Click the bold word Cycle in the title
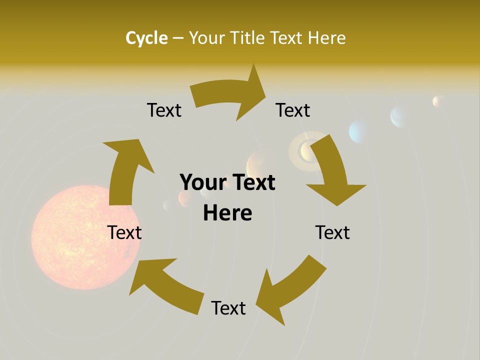click(146, 38)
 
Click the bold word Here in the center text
click(227, 213)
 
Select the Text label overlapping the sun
click(124, 232)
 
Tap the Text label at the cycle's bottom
click(228, 308)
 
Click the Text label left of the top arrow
click(164, 110)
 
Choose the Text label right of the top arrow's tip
click(293, 110)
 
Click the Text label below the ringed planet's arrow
click(332, 232)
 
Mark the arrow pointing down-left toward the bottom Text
click(290, 287)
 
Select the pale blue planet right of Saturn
click(359, 131)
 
